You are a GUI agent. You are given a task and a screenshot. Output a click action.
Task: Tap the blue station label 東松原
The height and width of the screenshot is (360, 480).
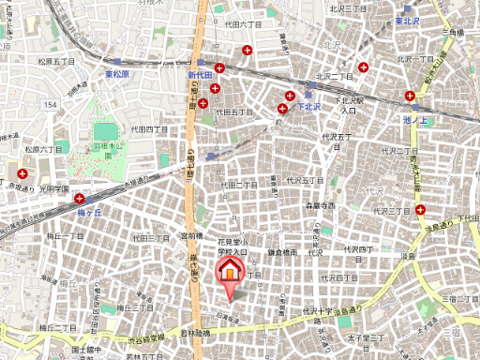pyautogui.click(x=121, y=73)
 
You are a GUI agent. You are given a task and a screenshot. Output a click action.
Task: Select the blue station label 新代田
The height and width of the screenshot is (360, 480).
pyautogui.click(x=202, y=74)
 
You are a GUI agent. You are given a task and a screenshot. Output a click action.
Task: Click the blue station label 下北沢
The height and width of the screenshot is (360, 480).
pyautogui.click(x=309, y=107)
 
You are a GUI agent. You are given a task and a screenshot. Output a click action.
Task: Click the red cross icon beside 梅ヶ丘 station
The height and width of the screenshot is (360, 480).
pyautogui.click(x=80, y=198)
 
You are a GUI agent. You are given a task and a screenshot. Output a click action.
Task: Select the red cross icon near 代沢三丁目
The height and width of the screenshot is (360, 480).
pyautogui.click(x=421, y=209)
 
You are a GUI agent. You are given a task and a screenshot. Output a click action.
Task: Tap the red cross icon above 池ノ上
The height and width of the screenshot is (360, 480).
pyautogui.click(x=410, y=96)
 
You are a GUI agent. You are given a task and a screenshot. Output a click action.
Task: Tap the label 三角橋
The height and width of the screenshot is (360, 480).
pyautogui.click(x=455, y=33)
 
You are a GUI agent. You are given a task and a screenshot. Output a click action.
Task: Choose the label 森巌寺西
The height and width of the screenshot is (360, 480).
pyautogui.click(x=320, y=205)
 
